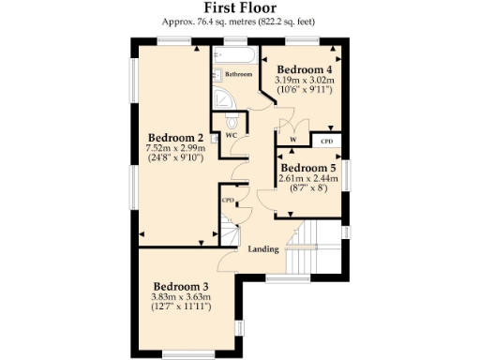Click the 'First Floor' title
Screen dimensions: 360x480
(x=240, y=8)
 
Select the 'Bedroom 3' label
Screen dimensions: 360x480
(x=181, y=286)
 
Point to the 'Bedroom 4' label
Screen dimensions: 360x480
(x=305, y=69)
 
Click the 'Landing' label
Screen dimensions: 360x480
(x=262, y=249)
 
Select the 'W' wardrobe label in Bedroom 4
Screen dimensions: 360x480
(x=293, y=142)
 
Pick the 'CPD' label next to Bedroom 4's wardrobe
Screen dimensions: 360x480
(x=326, y=141)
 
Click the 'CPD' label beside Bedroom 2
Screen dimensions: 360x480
(x=227, y=200)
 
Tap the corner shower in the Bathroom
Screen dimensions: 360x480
(x=224, y=97)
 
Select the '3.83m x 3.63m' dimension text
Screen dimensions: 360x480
(x=181, y=297)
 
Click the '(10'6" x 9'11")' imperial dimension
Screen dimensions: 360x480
(x=305, y=91)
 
